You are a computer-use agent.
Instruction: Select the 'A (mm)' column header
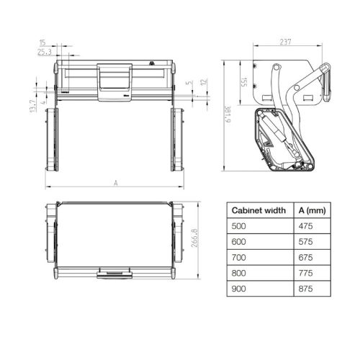[x=312, y=211]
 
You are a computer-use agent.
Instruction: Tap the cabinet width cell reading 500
[x=238, y=226]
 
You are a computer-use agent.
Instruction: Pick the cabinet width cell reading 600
[x=238, y=240]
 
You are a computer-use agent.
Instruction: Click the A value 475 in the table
[x=307, y=226]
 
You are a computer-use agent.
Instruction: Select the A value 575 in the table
[x=307, y=240]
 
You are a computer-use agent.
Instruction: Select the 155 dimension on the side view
[x=244, y=84]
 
